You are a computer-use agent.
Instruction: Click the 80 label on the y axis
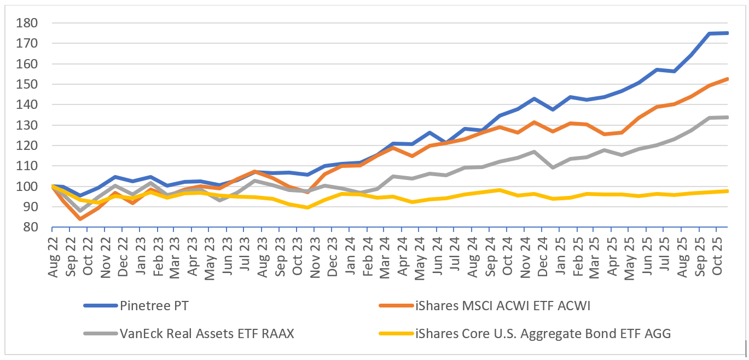[x=38, y=227]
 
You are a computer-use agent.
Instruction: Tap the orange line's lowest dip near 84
[x=80, y=219]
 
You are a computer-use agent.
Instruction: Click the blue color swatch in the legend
[x=100, y=306]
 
